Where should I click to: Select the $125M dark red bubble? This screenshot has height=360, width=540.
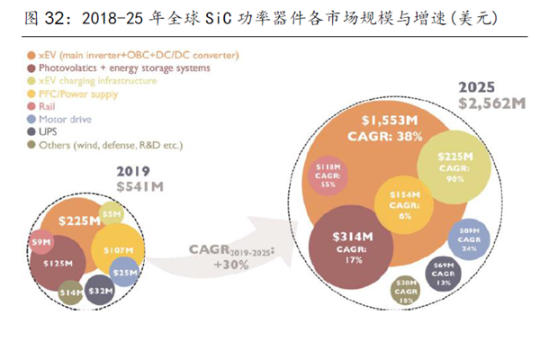pyautogui.click(x=58, y=263)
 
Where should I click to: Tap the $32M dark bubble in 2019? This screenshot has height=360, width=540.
pyautogui.click(x=100, y=289)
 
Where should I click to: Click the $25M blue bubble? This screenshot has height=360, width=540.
pyautogui.click(x=124, y=272)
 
